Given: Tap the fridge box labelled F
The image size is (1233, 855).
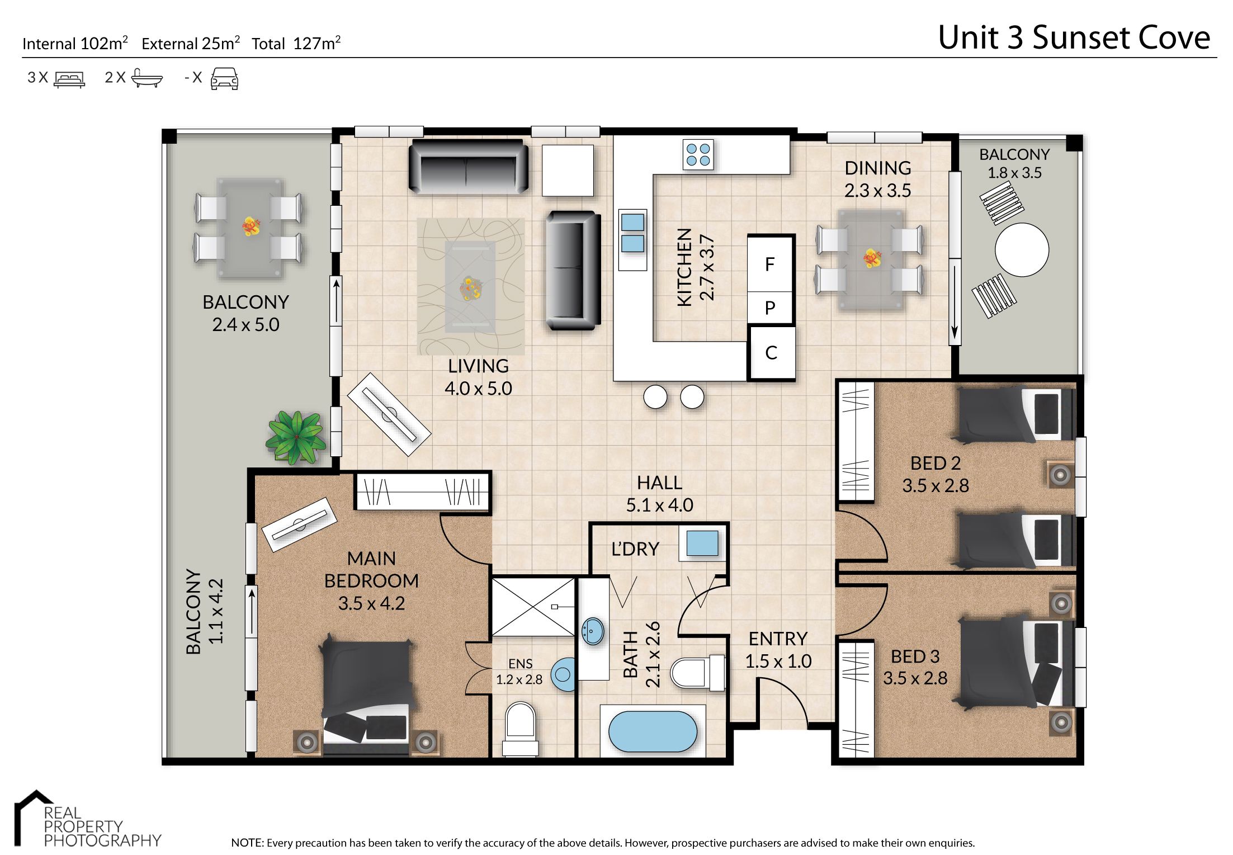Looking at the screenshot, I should click(x=770, y=264).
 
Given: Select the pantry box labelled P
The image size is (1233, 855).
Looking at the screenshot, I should click(x=770, y=308).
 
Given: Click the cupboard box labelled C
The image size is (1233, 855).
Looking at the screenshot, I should click(x=771, y=353).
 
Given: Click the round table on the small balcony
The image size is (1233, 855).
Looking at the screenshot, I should click(x=1022, y=249).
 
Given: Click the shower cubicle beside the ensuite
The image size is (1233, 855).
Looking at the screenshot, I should click(x=533, y=607).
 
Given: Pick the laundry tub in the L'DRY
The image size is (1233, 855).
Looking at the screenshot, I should click(x=702, y=543).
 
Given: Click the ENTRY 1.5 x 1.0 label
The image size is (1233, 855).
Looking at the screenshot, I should click(x=778, y=650).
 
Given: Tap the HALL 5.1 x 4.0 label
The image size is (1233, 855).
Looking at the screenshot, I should click(x=659, y=494).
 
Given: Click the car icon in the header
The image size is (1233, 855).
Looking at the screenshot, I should click(x=224, y=78).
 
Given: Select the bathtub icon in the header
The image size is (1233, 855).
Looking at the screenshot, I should click(x=147, y=78).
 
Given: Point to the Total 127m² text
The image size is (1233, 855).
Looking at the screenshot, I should click(x=296, y=44).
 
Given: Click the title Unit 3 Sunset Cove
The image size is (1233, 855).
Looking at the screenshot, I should click(x=1074, y=38).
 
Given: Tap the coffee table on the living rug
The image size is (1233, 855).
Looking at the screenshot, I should click(x=470, y=287).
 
